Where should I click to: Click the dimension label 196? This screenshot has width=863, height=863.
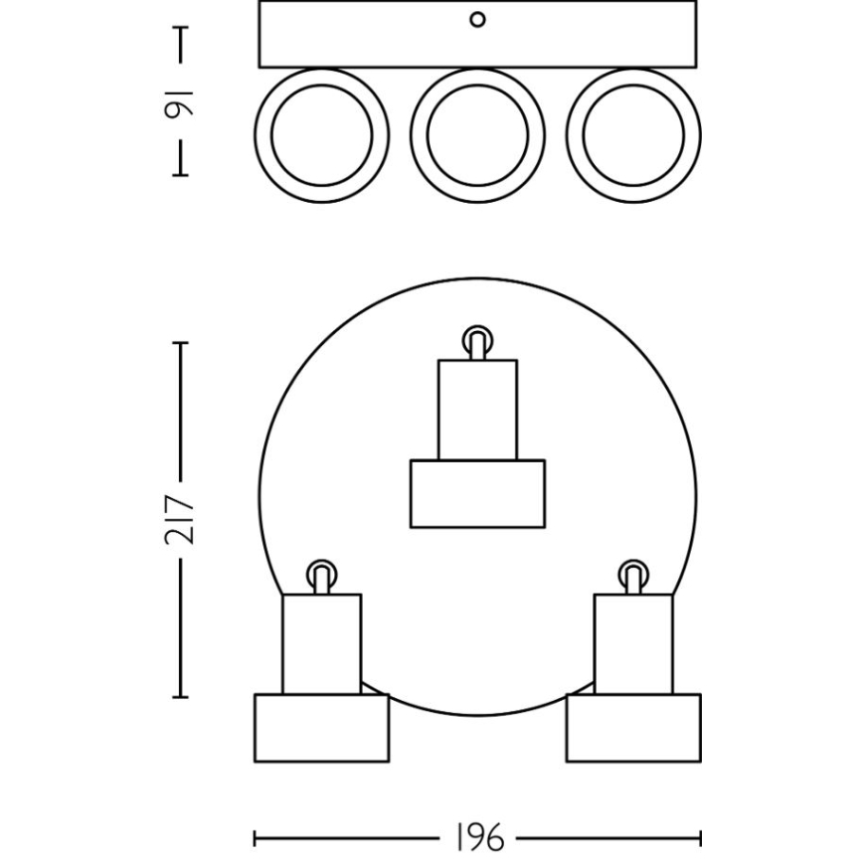coord(478,838)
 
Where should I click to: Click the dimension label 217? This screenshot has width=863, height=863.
coord(181,519)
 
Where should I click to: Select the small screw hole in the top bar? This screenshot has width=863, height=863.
coord(477,20)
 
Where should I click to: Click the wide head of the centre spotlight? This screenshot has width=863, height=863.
coord(477,493)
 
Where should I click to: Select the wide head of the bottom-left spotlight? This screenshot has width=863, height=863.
coord(321,728)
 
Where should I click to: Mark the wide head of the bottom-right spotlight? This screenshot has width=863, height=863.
coord(632,728)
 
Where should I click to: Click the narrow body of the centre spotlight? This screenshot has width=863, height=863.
coord(477,410)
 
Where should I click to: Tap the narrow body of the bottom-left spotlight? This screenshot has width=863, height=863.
coord(321,644)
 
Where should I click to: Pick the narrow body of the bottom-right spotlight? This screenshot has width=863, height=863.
coord(632,644)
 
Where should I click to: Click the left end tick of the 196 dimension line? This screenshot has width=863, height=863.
coord(256,838)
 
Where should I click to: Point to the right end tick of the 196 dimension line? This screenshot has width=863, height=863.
coord(700,838)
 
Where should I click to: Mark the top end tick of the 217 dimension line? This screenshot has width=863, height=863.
coord(181,343)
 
